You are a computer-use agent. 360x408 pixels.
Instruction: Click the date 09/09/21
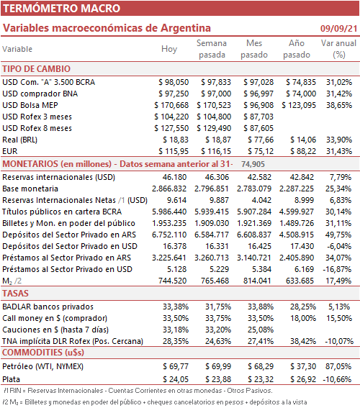tap(338, 28)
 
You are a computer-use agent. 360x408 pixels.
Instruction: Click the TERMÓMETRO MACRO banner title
tap(61, 9)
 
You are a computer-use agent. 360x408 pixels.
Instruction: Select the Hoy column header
tap(169, 49)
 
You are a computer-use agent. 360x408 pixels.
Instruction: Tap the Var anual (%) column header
tap(338, 49)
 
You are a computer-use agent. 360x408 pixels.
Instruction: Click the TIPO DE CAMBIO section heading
tap(37, 69)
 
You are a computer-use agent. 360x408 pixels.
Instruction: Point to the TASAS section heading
tap(15, 294)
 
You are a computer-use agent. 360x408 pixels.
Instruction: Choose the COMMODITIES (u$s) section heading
tap(43, 353)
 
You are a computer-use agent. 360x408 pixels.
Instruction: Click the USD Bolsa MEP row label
tap(30, 105)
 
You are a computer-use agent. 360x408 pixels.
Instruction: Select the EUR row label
tap(10, 151)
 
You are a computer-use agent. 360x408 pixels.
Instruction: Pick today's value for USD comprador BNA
tap(174, 94)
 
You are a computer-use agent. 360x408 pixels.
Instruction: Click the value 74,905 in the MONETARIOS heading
tap(253, 164)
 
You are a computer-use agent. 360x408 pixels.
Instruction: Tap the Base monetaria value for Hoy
tap(169, 189)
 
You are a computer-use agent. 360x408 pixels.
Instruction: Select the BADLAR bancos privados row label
tap(48, 307)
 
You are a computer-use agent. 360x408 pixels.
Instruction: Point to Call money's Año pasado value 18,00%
tap(303, 318)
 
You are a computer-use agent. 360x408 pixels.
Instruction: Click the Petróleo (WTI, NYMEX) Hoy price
tap(176, 366)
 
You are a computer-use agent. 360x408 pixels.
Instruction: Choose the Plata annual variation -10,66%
tap(337, 379)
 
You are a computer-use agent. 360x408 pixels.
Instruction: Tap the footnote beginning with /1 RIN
tap(138, 391)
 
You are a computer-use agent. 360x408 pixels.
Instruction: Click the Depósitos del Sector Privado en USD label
tap(70, 246)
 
